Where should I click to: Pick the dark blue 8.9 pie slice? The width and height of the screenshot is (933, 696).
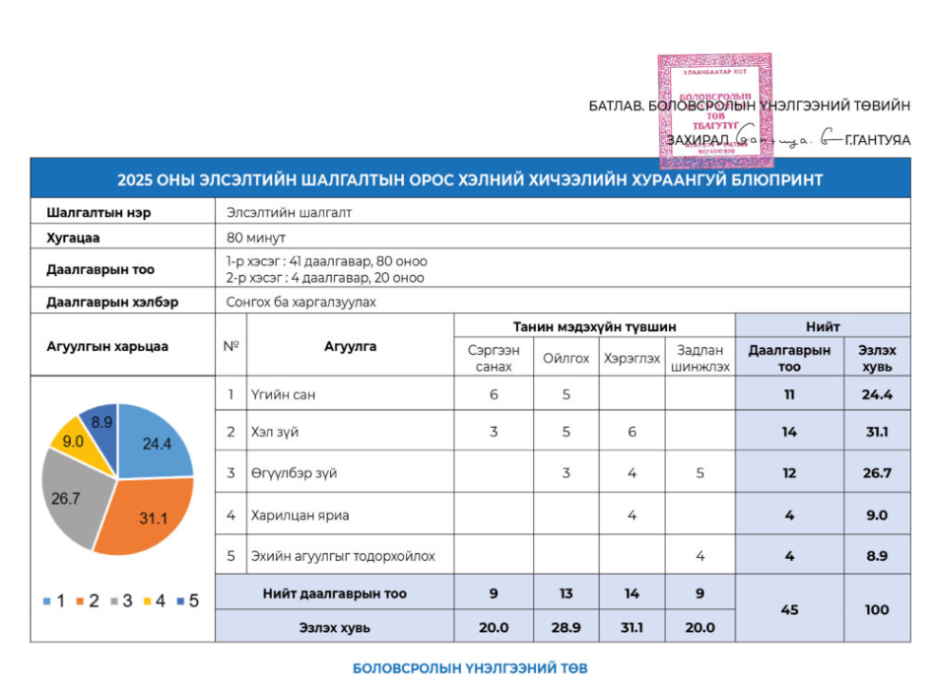100,423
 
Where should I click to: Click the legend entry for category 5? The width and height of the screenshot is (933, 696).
186,599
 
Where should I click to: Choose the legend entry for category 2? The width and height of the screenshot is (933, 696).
88,599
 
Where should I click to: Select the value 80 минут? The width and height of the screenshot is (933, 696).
255,238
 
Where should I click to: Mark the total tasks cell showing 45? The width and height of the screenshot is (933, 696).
789,609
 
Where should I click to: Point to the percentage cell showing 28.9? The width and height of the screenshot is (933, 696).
566,626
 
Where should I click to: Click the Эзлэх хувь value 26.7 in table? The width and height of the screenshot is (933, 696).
876,473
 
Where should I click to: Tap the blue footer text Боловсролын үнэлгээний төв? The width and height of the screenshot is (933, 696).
470,668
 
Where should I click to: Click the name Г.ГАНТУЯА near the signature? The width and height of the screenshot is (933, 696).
877,141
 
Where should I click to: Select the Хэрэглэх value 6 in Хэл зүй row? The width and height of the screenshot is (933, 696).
632,432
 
